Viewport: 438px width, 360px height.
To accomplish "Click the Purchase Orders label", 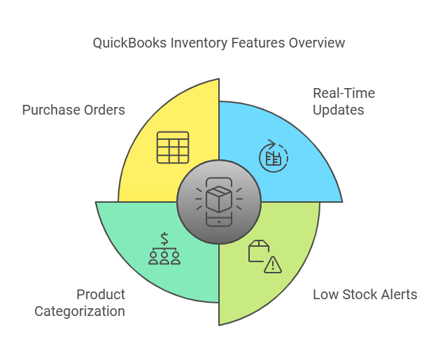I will (73, 110).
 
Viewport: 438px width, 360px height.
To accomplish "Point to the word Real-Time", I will (344, 94).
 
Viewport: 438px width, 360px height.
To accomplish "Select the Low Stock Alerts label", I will (365, 294).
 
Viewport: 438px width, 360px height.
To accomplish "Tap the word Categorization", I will (80, 311).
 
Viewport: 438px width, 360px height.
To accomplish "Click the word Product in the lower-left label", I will (101, 294).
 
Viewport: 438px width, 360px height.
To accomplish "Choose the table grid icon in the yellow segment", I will (172, 147).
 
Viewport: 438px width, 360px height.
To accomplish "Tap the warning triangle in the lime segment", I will (273, 264).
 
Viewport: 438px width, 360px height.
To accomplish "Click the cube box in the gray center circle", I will (219, 200).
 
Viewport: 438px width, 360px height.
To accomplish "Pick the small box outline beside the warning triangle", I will (258, 250).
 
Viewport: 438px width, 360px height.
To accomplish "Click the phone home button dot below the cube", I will (219, 222).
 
